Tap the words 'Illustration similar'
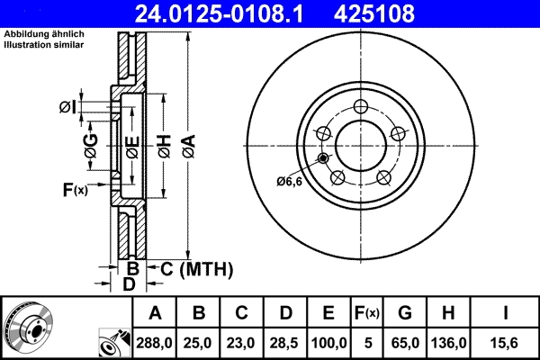click(x=45, y=44)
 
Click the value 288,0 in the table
click(x=155, y=343)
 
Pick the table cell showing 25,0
click(x=200, y=343)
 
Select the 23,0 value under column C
click(x=242, y=343)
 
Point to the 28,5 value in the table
click(x=285, y=343)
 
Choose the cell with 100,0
click(x=328, y=343)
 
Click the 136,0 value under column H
click(x=452, y=343)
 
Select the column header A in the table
click(x=155, y=313)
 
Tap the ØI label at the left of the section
click(x=67, y=108)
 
